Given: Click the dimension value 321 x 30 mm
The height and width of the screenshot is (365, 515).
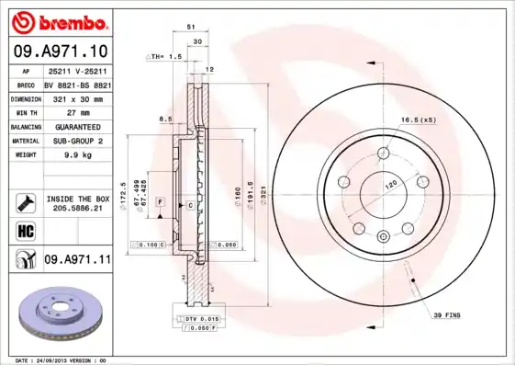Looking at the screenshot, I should click(76, 97).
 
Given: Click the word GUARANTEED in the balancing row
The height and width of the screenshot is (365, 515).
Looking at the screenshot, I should click(78, 126).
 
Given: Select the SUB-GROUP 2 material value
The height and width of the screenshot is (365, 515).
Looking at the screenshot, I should click(77, 141).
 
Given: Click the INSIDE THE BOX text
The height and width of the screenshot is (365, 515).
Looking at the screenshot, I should click(77, 199).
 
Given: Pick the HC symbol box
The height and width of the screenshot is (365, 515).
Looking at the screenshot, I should click(25, 230).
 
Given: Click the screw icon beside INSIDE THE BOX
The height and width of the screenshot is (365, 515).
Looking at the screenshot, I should click(25, 200).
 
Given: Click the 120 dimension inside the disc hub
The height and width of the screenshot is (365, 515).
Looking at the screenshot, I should click(391, 184).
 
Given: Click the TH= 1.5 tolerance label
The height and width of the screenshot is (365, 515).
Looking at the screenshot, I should click(165, 57).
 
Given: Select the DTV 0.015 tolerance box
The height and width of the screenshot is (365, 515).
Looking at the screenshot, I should click(196, 317).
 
